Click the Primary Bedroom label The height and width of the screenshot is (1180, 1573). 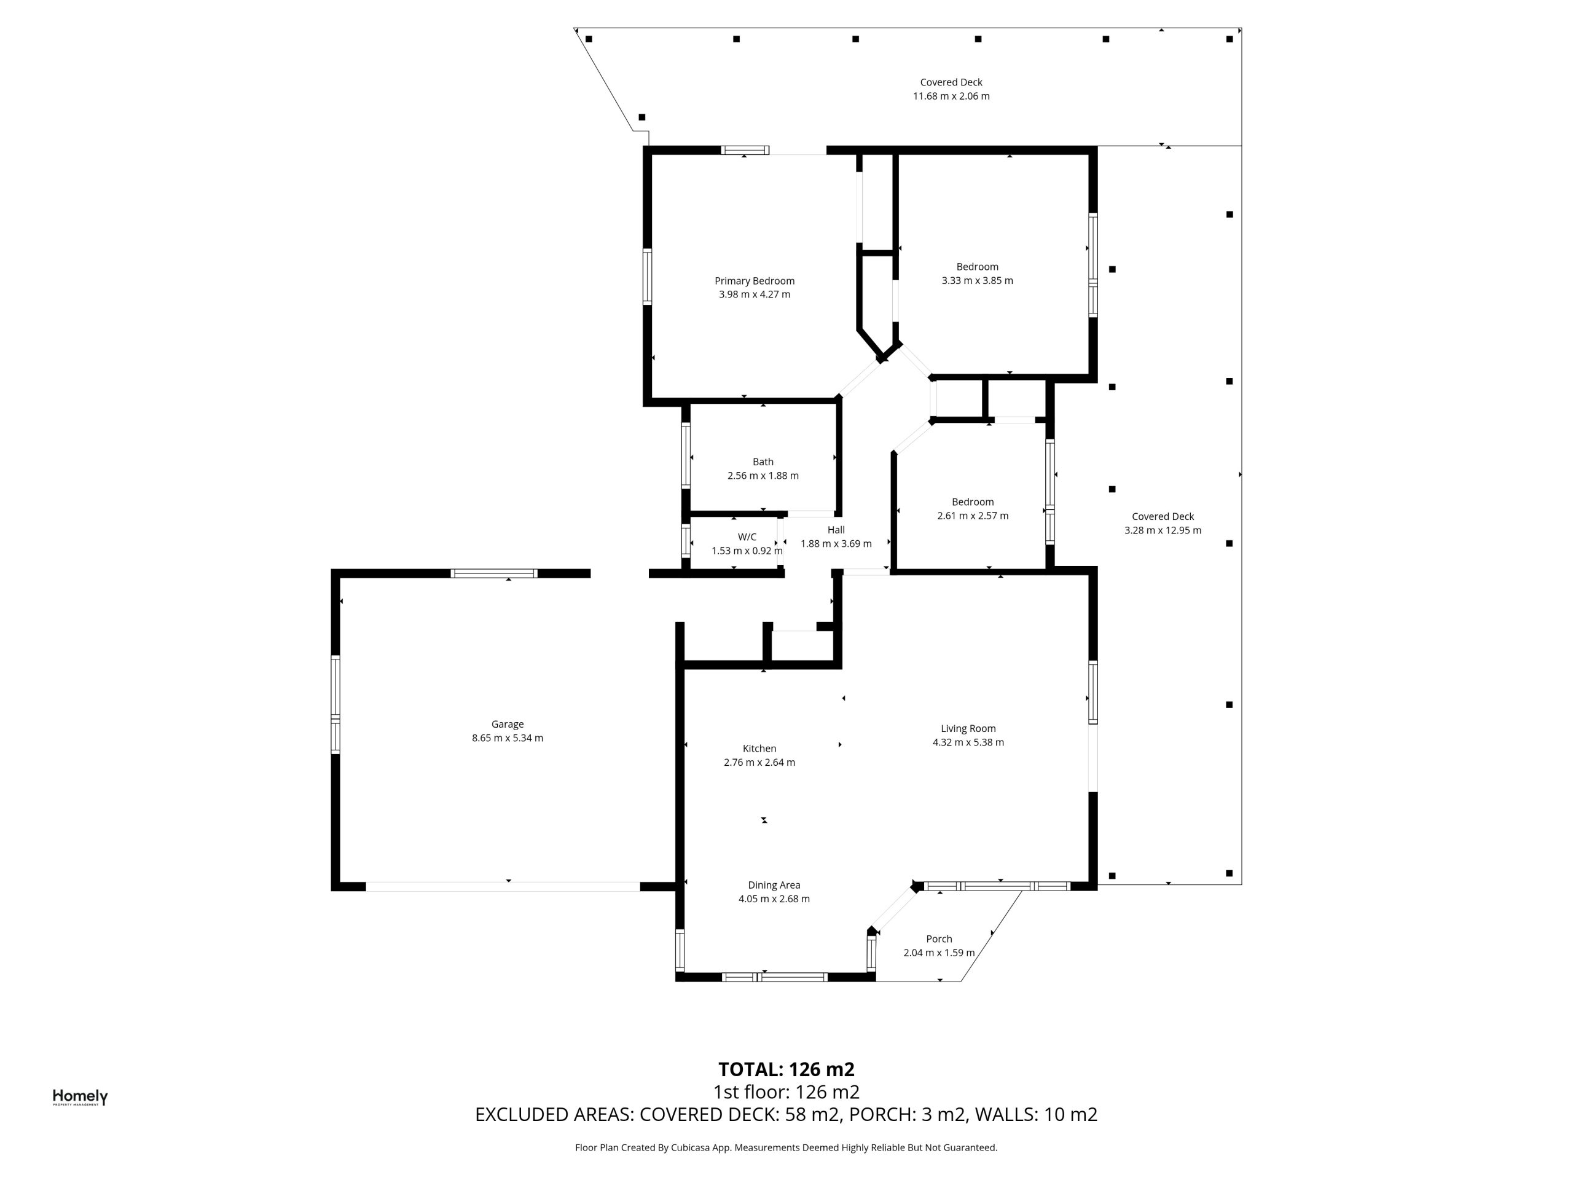(x=755, y=281)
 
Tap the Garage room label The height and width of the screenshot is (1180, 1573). (x=507, y=724)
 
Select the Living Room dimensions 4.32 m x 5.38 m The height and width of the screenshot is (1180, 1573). (x=968, y=742)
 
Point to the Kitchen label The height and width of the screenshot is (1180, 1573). (x=759, y=749)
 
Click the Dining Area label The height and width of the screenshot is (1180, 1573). (x=774, y=885)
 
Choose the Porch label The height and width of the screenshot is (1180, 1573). (x=939, y=939)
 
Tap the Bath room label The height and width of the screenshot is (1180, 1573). (x=763, y=462)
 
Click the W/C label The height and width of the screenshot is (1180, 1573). (x=747, y=537)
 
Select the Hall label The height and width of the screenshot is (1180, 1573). (x=836, y=530)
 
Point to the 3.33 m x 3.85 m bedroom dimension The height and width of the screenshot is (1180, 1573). (x=977, y=281)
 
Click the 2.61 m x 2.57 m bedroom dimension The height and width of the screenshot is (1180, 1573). (x=972, y=516)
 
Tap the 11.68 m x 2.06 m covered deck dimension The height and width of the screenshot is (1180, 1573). (x=951, y=96)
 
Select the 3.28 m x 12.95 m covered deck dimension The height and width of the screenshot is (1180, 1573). (x=1163, y=530)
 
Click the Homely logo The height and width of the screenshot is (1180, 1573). (x=80, y=1098)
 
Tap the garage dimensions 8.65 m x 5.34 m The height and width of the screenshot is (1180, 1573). (x=507, y=738)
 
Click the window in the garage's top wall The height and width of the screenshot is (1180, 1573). (x=493, y=573)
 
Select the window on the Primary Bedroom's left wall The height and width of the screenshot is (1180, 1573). (x=647, y=277)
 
